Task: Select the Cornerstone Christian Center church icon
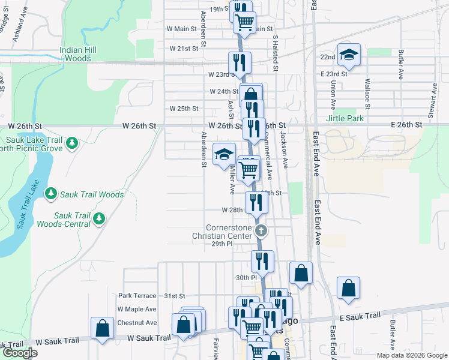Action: pyautogui.click(x=261, y=230)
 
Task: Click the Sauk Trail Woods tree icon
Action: pyautogui.click(x=51, y=194)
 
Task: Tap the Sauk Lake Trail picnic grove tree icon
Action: pyautogui.click(x=72, y=143)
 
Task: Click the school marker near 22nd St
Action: pyautogui.click(x=348, y=55)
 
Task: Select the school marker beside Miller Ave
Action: pyautogui.click(x=224, y=154)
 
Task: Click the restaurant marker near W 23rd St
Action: pyautogui.click(x=239, y=62)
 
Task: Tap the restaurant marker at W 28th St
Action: pyautogui.click(x=256, y=203)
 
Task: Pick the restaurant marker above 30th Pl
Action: pyautogui.click(x=262, y=261)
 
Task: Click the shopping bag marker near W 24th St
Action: pyautogui.click(x=250, y=95)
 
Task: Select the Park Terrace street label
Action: pyautogui.click(x=137, y=296)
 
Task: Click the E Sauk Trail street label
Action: pyautogui.click(x=360, y=316)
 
